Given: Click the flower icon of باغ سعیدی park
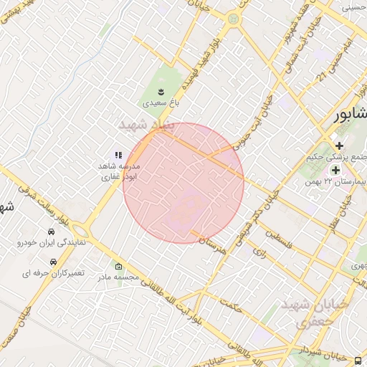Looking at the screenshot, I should point(161,91).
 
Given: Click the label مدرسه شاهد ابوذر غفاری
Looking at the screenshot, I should point(119,171).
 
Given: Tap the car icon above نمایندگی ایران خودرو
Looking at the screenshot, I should point(51,232).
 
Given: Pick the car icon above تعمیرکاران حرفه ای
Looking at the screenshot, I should point(53,262).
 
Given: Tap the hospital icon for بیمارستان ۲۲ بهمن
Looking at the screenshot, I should point(335,170).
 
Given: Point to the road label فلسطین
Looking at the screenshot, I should point(280,239).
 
